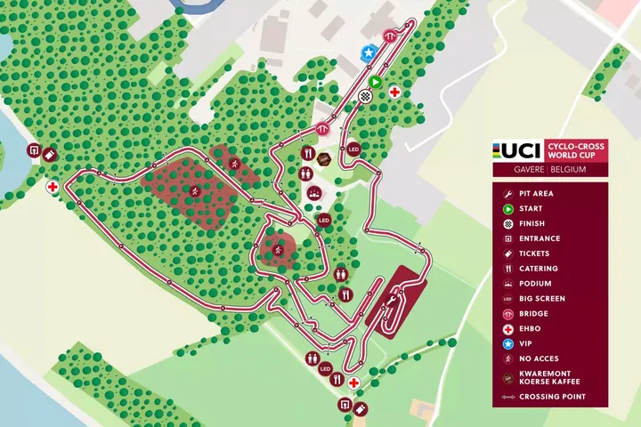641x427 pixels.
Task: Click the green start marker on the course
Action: [x=376, y=82]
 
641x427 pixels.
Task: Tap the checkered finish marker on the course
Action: [x=365, y=96]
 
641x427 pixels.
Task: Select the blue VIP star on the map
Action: [x=369, y=53]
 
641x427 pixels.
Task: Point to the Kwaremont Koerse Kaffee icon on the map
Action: [x=325, y=160]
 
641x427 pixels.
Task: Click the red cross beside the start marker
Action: [x=394, y=92]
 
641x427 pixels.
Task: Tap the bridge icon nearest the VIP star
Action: [x=389, y=36]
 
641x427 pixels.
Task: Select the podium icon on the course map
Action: [x=313, y=192]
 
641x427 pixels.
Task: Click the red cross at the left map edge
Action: [x=53, y=188]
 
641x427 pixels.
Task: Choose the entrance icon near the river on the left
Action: [x=34, y=151]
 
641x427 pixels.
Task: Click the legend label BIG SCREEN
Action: [x=541, y=298]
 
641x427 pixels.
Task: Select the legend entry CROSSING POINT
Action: [x=552, y=397]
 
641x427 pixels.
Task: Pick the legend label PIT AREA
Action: [x=536, y=193]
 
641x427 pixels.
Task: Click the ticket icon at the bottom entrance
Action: [x=361, y=408]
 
